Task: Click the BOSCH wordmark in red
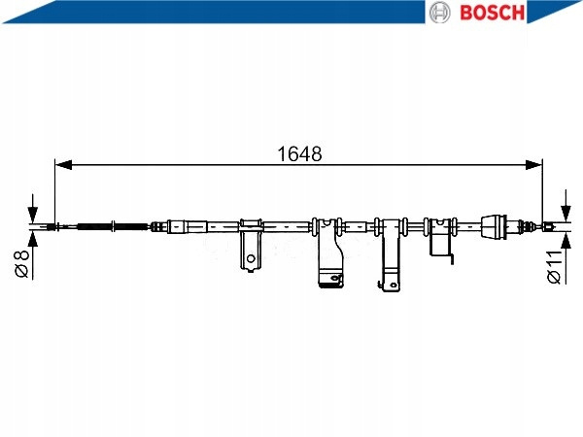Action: [x=492, y=13]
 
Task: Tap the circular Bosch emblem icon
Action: [x=439, y=13]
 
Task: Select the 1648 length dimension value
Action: [x=299, y=153]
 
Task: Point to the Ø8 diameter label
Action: [x=21, y=263]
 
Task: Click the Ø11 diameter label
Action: [x=554, y=267]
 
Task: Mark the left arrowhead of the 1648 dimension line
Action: [x=63, y=165]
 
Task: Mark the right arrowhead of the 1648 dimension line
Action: [x=533, y=165]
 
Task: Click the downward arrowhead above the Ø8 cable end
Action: [x=33, y=215]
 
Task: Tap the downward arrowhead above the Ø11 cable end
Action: [x=566, y=214]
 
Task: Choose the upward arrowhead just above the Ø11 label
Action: [x=566, y=242]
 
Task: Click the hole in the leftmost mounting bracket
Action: [x=251, y=258]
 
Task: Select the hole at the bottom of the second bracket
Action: [x=336, y=278]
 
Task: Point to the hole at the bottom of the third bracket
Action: [x=393, y=285]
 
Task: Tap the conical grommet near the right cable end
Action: [x=494, y=226]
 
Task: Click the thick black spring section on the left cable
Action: [x=95, y=226]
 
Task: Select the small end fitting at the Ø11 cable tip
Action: [x=548, y=226]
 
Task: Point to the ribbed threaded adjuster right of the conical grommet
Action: [x=526, y=225]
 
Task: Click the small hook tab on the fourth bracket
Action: [x=451, y=259]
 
